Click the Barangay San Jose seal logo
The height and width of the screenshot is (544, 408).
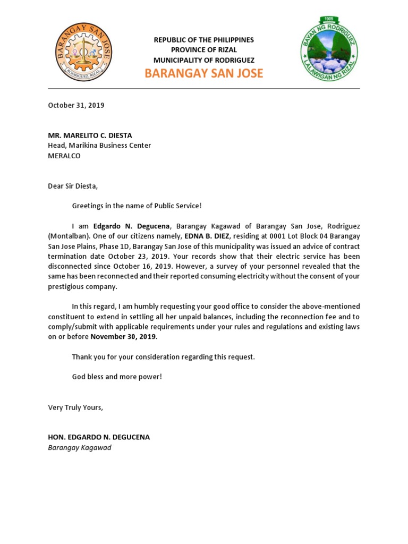pyautogui.click(x=83, y=52)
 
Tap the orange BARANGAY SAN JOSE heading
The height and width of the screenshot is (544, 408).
pyautogui.click(x=204, y=73)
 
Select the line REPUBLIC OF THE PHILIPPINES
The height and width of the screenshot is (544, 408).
pyautogui.click(x=204, y=40)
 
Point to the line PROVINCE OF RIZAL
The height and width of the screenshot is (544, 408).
pyautogui.click(x=204, y=50)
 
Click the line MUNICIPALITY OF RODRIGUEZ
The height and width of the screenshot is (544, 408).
pyautogui.click(x=204, y=60)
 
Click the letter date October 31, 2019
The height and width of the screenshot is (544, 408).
pyautogui.click(x=76, y=105)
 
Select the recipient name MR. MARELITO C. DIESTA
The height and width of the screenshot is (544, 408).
pyautogui.click(x=90, y=135)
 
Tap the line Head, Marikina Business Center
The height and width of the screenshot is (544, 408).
pyautogui.click(x=99, y=146)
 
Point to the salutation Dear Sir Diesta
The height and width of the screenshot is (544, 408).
pyautogui.click(x=73, y=186)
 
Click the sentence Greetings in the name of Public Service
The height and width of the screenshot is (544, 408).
pyautogui.click(x=137, y=206)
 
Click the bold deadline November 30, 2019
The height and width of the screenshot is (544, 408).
pyautogui.click(x=123, y=337)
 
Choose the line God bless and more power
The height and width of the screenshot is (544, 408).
pyautogui.click(x=117, y=377)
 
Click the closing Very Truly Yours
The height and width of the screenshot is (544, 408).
pyautogui.click(x=75, y=407)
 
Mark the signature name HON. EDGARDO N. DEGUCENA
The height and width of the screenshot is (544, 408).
pyautogui.click(x=99, y=437)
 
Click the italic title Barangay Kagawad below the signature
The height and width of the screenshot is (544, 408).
pyautogui.click(x=80, y=448)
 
